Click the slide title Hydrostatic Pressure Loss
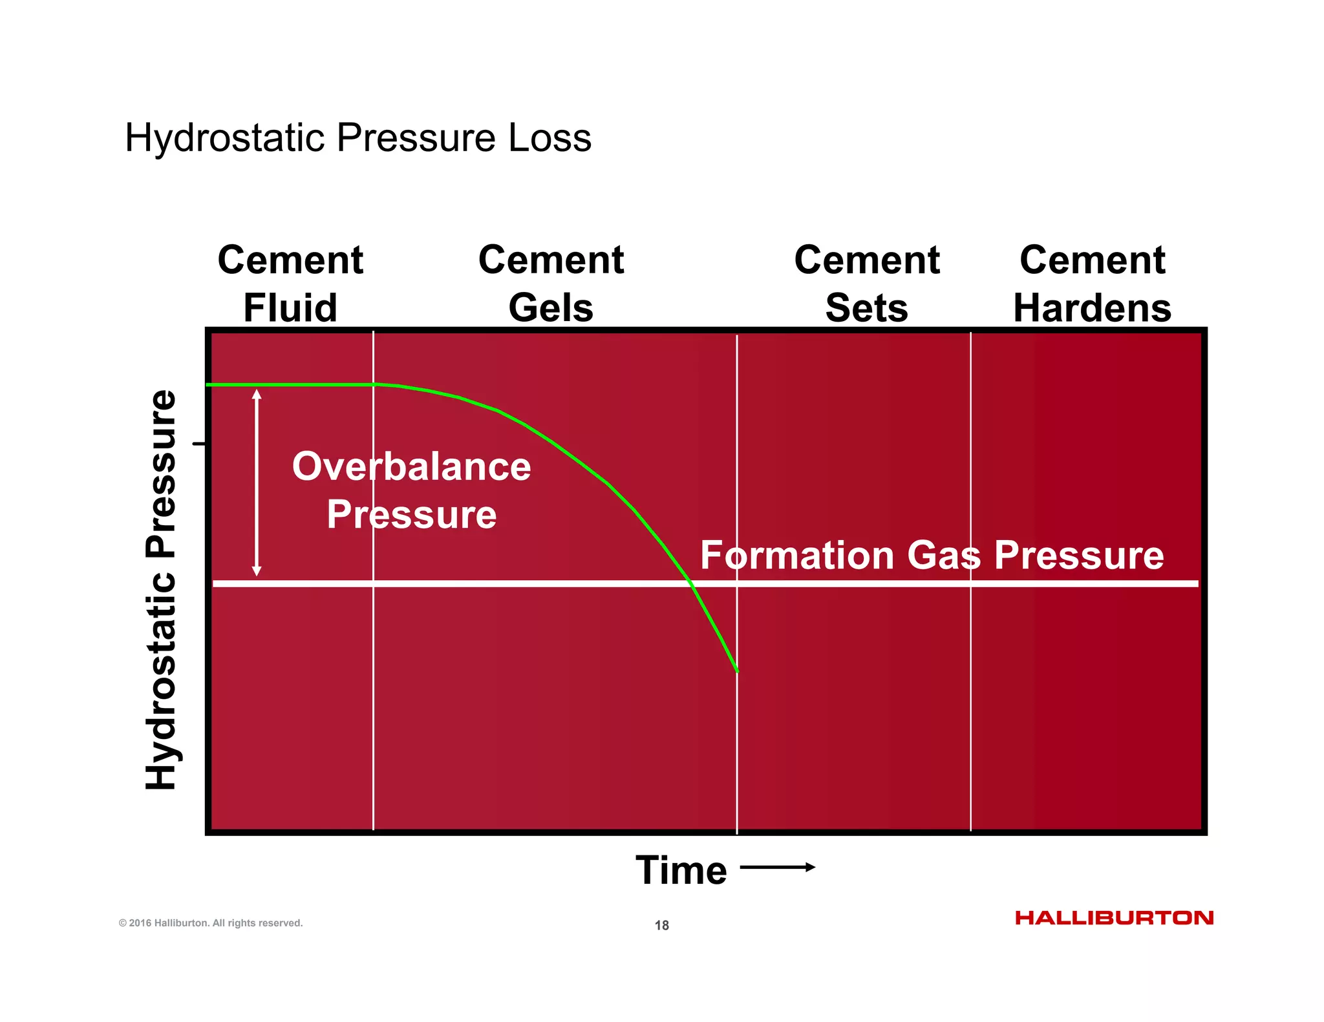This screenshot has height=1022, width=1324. (358, 138)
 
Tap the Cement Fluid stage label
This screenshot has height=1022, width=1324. (290, 284)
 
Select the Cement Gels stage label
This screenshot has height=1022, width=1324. (551, 284)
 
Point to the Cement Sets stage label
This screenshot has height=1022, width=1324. (866, 284)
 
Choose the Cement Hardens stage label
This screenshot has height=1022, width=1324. (1092, 284)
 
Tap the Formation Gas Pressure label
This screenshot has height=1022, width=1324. (932, 555)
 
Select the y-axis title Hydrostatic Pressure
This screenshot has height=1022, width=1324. (160, 589)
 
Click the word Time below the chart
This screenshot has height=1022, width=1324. (681, 870)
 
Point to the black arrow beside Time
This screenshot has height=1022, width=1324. (777, 867)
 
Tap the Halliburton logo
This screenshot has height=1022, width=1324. (1114, 918)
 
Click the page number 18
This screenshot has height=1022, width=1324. (661, 925)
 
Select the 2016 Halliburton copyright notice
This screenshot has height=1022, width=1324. (211, 923)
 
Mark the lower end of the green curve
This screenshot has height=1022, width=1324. (737, 671)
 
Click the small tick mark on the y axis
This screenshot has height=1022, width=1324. (199, 444)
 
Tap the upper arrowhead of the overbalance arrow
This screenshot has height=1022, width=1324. (257, 394)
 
